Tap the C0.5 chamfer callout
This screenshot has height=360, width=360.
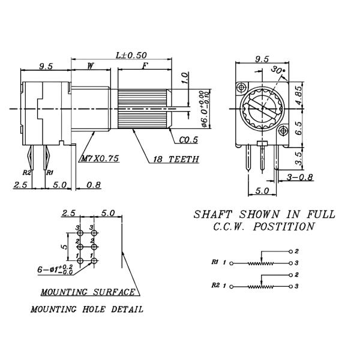pyautogui.click(x=188, y=140)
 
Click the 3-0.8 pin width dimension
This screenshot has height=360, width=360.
pyautogui.click(x=299, y=178)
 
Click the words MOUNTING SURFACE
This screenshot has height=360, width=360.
pyautogui.click(x=88, y=292)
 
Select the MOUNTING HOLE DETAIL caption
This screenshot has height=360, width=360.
pyautogui.click(x=87, y=310)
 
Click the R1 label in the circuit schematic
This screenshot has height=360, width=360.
pyautogui.click(x=215, y=262)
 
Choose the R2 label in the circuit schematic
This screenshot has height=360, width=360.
pyautogui.click(x=215, y=286)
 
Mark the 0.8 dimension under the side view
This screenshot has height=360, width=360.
pyautogui.click(x=94, y=185)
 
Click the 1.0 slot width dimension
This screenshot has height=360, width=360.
pyautogui.click(x=185, y=77)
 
